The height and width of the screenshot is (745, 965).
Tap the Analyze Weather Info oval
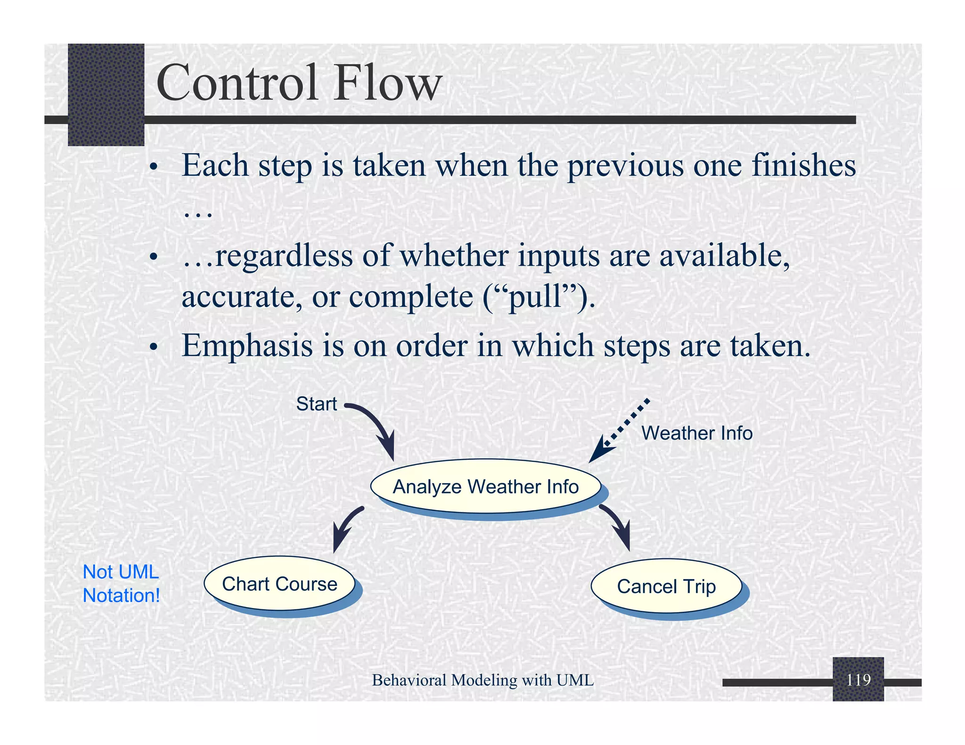[485, 486]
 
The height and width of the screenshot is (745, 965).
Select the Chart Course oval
[279, 584]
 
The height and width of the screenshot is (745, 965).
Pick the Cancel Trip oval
[666, 587]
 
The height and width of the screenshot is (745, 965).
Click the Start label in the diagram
[316, 404]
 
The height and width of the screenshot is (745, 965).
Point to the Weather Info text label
[697, 433]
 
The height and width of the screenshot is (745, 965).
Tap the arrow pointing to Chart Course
[346, 527]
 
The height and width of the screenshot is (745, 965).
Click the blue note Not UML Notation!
[121, 584]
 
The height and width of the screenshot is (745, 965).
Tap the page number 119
[858, 680]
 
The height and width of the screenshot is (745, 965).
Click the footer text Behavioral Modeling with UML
[482, 680]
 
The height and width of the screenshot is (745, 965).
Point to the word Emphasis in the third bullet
[247, 346]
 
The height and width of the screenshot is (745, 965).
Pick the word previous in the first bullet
[625, 166]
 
